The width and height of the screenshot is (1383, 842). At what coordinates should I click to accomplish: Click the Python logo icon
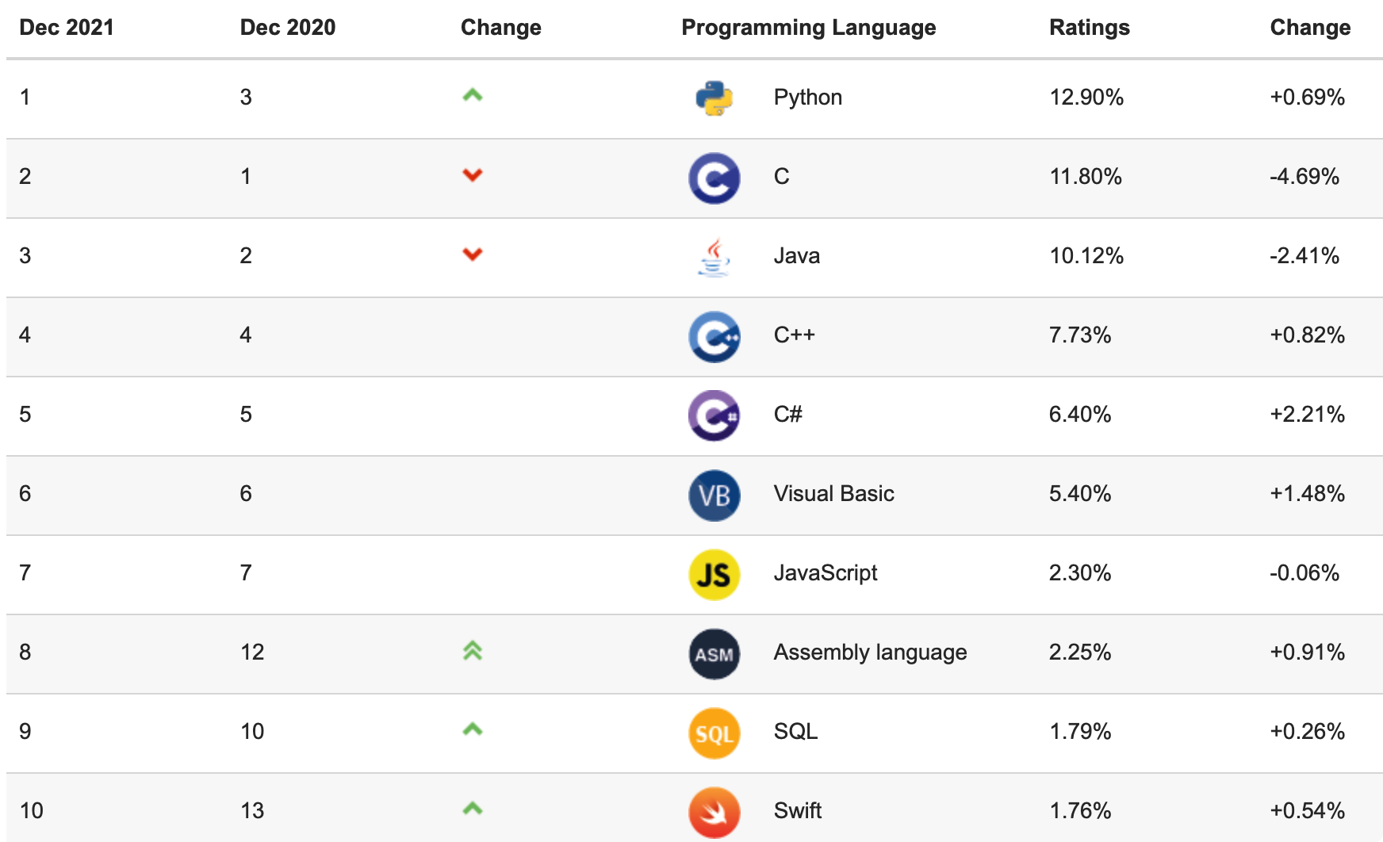pyautogui.click(x=714, y=98)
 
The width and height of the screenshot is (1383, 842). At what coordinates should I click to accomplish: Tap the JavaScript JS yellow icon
pyautogui.click(x=714, y=574)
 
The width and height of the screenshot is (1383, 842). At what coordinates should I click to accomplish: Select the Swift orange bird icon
pyautogui.click(x=714, y=812)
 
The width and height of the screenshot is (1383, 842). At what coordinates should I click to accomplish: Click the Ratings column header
pyautogui.click(x=1089, y=28)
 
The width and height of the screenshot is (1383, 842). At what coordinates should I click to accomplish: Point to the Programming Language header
pyautogui.click(x=808, y=28)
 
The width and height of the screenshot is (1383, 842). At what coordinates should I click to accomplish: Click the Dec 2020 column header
pyautogui.click(x=287, y=28)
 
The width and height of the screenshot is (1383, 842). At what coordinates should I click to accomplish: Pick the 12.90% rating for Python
pyautogui.click(x=1086, y=98)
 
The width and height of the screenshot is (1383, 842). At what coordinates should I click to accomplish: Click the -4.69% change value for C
pyautogui.click(x=1304, y=177)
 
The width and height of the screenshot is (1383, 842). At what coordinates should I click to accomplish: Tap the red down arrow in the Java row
pyautogui.click(x=473, y=255)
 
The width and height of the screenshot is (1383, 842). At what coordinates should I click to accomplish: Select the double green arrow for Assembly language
pyautogui.click(x=473, y=651)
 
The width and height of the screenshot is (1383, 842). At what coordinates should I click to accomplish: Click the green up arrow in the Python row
pyautogui.click(x=473, y=96)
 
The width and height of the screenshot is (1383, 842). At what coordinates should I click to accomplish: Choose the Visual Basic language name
pyautogui.click(x=833, y=494)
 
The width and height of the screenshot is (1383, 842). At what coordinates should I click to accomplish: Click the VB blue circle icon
pyautogui.click(x=714, y=495)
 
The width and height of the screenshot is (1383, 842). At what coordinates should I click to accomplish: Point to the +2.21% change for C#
pyautogui.click(x=1307, y=415)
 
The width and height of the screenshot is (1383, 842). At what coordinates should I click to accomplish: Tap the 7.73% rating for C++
pyautogui.click(x=1079, y=335)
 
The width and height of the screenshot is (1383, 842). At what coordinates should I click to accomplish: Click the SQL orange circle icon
pyautogui.click(x=714, y=733)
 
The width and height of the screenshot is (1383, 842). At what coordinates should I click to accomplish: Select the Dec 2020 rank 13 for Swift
pyautogui.click(x=252, y=811)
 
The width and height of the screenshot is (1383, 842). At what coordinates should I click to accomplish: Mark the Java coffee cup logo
pyautogui.click(x=714, y=257)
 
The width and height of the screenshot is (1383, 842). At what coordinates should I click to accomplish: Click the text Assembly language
pyautogui.click(x=870, y=653)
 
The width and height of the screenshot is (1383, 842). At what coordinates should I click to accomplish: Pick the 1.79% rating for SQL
pyautogui.click(x=1079, y=732)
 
